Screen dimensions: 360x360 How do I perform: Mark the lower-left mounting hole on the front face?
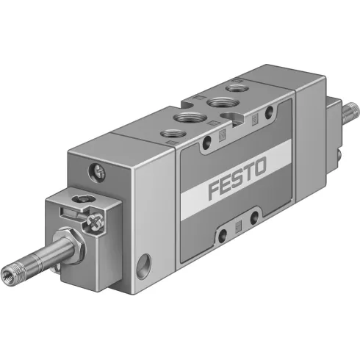[222, 236]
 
